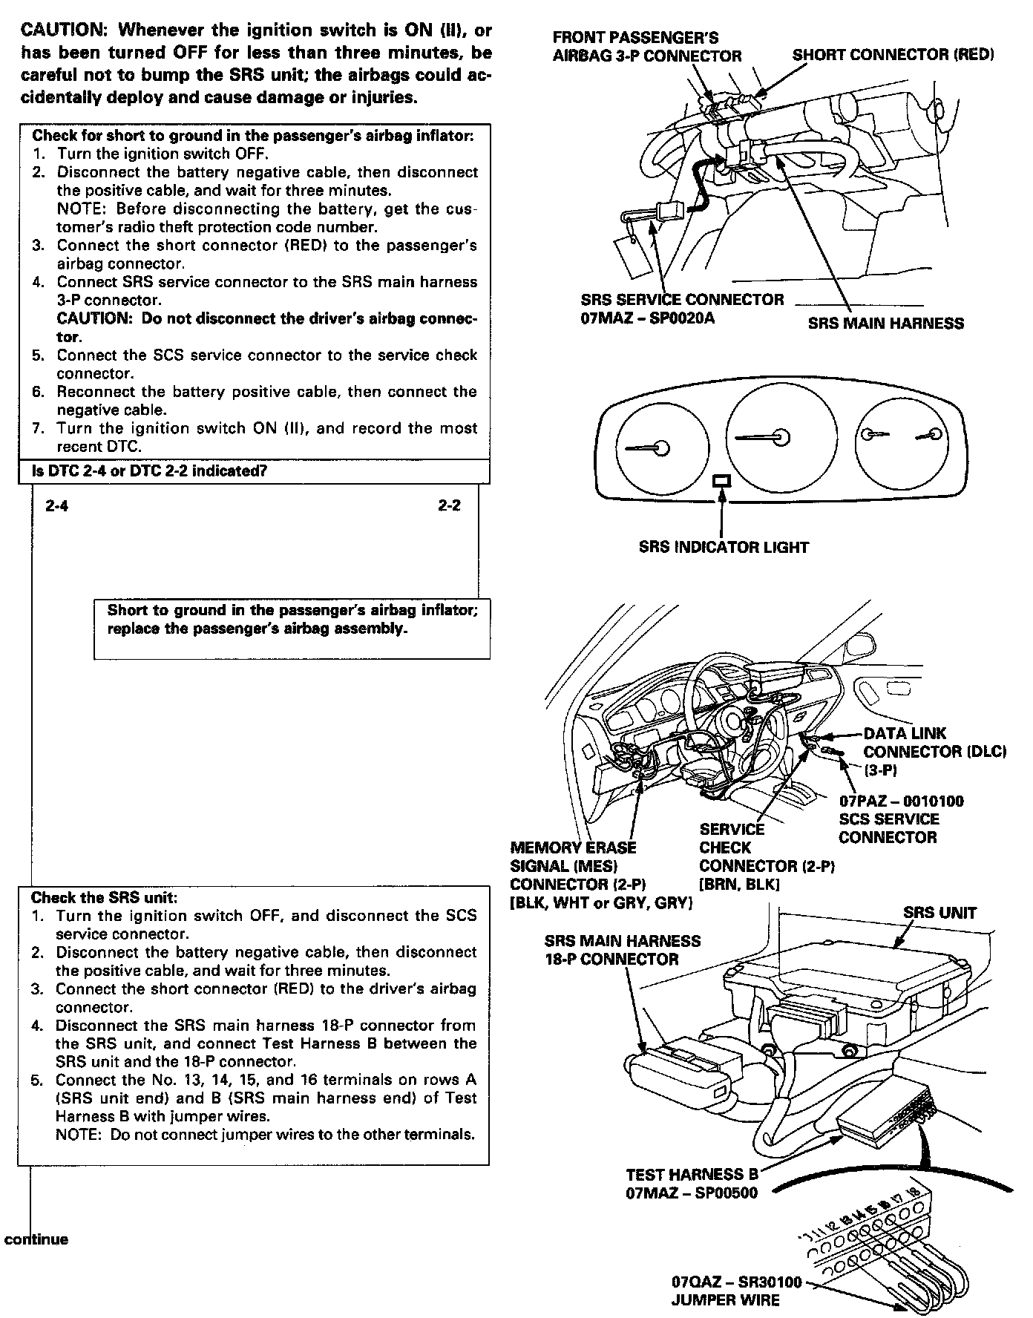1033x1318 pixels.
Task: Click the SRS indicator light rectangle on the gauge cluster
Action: pos(722,482)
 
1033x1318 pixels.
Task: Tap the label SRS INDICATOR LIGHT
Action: pos(724,548)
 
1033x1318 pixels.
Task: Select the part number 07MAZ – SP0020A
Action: pos(648,320)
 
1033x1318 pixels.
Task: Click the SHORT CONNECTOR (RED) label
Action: pos(893,55)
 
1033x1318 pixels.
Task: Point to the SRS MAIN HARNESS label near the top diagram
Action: pos(886,324)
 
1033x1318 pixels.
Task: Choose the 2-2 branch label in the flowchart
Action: pos(449,505)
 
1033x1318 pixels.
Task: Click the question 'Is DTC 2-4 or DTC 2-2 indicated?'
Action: pos(149,471)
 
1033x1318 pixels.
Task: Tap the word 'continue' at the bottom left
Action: pos(36,1239)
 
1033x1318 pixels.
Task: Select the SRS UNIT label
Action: pos(939,914)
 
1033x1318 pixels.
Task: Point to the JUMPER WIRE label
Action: pos(725,1300)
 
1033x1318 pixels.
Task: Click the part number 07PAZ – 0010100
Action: pos(901,801)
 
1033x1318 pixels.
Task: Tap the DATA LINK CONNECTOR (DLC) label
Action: pos(934,743)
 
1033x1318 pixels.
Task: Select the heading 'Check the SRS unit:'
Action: pos(104,897)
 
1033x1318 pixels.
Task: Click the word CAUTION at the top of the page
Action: pos(63,31)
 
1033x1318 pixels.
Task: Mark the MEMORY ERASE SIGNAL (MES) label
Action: pos(573,856)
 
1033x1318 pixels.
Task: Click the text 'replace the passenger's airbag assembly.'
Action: pos(258,629)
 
